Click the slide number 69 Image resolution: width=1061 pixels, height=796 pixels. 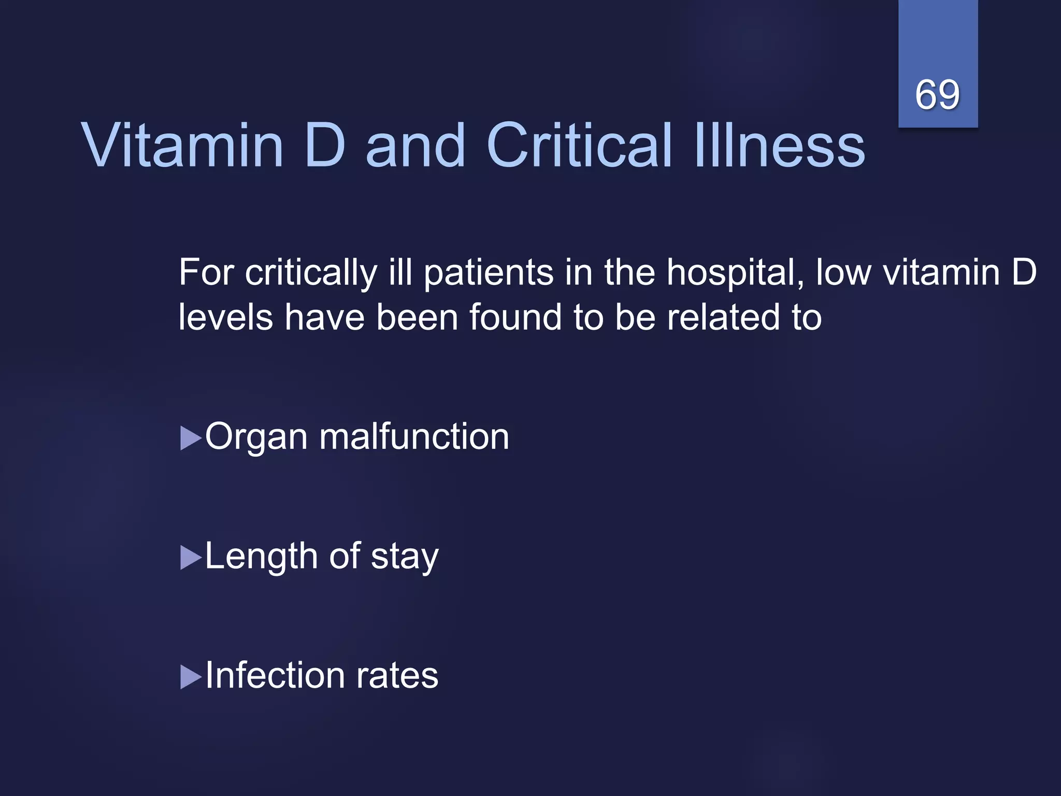coord(937,95)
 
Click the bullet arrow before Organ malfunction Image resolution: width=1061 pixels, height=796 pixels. coord(190,438)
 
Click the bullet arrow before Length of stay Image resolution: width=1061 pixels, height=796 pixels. coord(190,558)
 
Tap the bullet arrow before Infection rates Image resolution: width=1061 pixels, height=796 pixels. coord(190,677)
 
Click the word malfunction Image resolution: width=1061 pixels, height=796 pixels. coord(414,436)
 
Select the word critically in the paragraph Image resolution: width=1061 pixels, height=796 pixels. coord(311,273)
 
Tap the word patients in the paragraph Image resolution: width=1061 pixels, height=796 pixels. coord(489,273)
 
